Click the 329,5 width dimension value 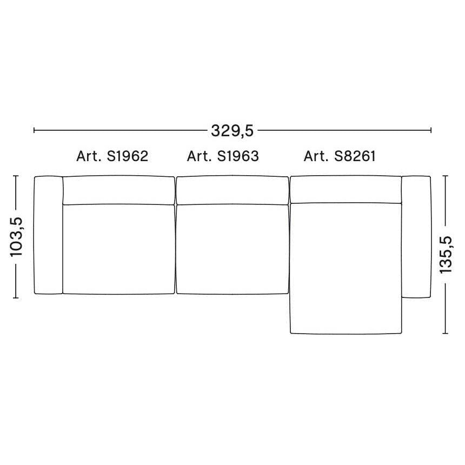[x=232, y=131]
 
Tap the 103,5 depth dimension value [x=16, y=237]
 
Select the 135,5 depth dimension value [x=446, y=255]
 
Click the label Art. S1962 [x=112, y=156]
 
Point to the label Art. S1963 [x=223, y=156]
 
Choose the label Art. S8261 [x=340, y=156]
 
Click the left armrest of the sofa [x=48, y=235]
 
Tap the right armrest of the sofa [x=416, y=237]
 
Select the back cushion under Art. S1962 [x=118, y=190]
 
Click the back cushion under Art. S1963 [x=232, y=190]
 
